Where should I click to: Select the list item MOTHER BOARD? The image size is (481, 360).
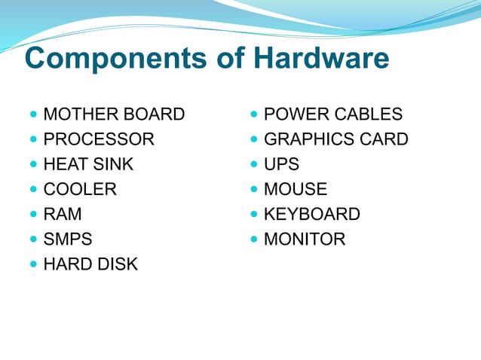tap(114, 115)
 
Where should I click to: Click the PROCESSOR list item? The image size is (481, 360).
tap(99, 139)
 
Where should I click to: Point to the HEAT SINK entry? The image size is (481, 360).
tap(88, 164)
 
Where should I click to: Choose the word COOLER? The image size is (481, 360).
tap(80, 189)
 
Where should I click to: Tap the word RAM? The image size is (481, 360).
tap(63, 214)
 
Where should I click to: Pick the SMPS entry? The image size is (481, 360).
tap(68, 239)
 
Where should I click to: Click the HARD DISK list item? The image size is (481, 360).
tap(90, 264)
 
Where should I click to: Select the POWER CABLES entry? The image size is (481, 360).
tap(333, 115)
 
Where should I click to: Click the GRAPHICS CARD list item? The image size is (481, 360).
tap(336, 139)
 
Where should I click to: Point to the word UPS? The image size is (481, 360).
tap(281, 164)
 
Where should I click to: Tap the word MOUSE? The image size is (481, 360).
tap(296, 189)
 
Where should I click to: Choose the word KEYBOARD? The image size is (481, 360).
tap(312, 214)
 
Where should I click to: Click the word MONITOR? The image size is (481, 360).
tap(305, 239)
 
